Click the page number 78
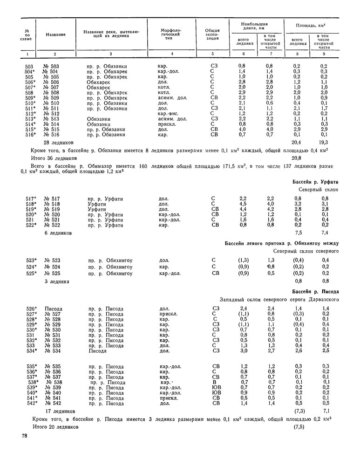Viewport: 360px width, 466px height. point(25,436)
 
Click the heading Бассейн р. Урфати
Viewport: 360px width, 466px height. point(315,181)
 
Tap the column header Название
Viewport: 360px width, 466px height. point(55,35)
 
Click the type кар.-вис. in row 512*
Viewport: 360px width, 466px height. point(170,113)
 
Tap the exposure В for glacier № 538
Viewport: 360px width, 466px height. point(212,382)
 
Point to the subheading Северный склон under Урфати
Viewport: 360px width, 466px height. point(319,190)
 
